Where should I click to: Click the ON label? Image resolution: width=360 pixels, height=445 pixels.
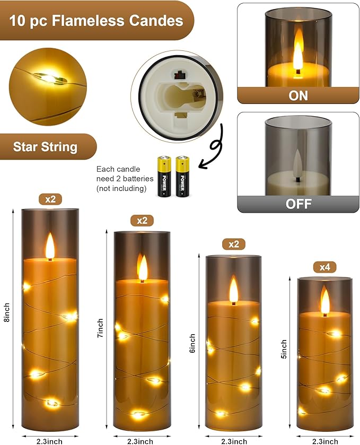tap(298, 96)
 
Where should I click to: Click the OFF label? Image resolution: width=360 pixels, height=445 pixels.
tap(298, 204)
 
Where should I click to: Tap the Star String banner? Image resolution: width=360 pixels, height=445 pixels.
tap(45, 146)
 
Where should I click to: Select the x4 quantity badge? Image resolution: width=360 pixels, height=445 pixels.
tap(324, 267)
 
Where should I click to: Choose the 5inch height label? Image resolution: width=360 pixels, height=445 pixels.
tap(285, 350)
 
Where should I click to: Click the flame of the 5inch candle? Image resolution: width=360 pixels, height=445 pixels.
tap(324, 301)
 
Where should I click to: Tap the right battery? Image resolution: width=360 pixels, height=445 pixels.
tap(182, 177)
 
